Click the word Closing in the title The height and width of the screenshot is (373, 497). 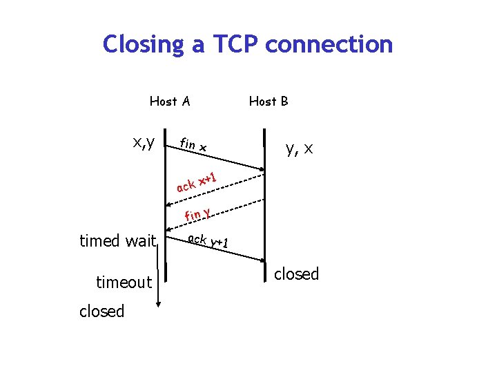pos(145,44)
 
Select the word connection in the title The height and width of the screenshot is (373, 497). pos(329,44)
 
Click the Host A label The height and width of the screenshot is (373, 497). pos(170,102)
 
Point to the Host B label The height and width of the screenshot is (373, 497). pos(269,102)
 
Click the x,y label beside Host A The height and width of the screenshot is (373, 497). pos(144,143)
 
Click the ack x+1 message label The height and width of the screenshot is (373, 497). pos(197,182)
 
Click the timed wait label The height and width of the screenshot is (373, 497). pos(118,241)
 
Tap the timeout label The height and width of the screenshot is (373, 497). pos(124,282)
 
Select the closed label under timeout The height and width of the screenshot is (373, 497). pos(101,312)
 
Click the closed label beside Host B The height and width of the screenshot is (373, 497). pos(297,274)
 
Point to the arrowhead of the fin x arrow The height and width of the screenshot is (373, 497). pos(262,170)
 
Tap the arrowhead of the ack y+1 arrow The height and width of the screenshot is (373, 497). pos(262,260)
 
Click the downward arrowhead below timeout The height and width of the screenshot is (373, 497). pos(159,303)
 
